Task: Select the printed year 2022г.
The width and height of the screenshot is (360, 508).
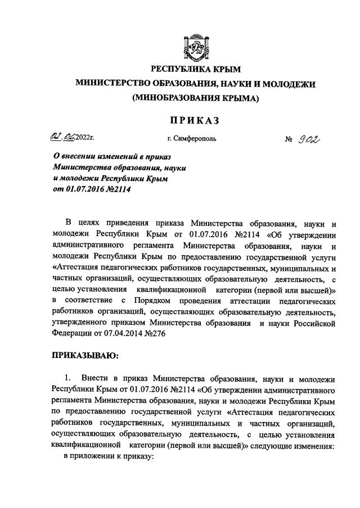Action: [x=84, y=137]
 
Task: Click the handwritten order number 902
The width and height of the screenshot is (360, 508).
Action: [x=309, y=137]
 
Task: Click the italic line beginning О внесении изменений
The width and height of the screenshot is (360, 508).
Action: [x=112, y=156]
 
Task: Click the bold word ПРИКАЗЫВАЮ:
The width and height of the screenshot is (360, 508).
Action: [x=85, y=355]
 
